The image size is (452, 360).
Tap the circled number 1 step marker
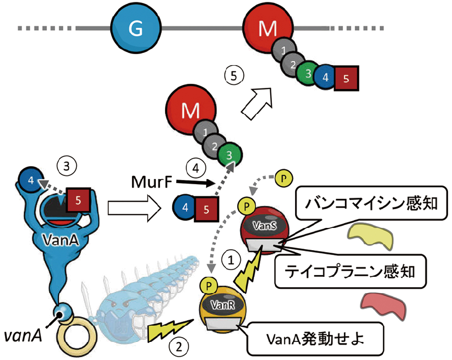tap(231, 260)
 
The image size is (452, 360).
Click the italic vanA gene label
tap(24, 335)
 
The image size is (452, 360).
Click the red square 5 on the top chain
tap(346, 78)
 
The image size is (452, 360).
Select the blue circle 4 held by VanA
tap(30, 179)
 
